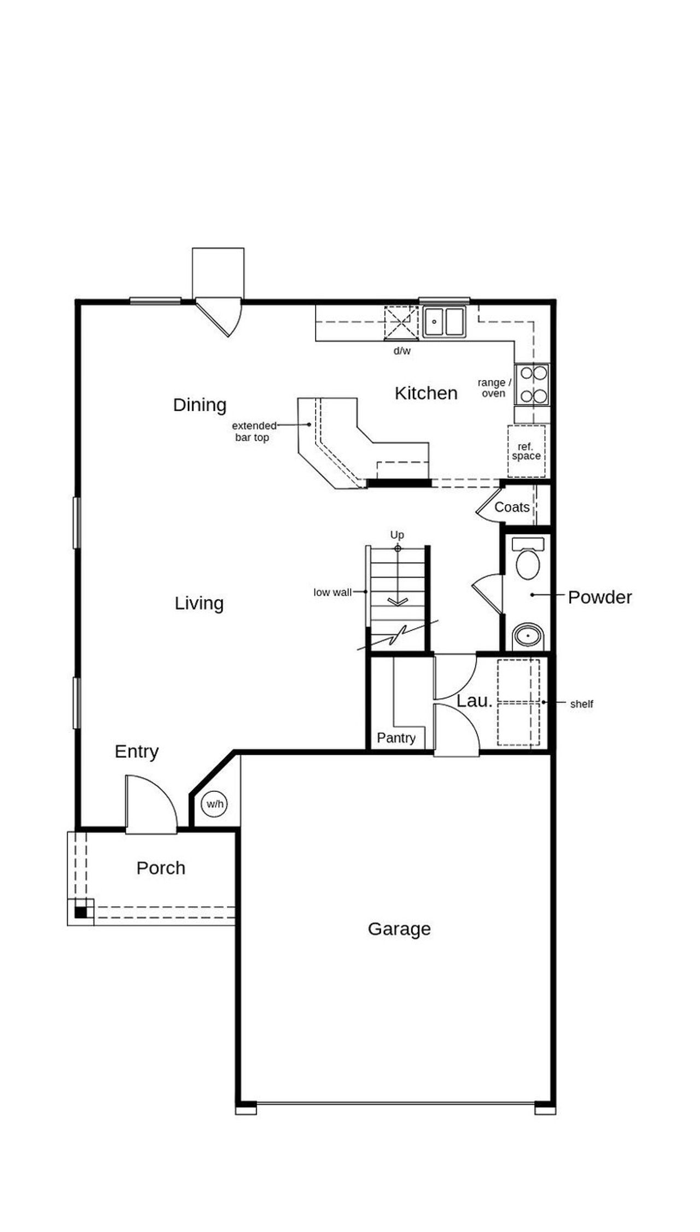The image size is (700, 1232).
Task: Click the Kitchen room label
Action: pyautogui.click(x=425, y=393)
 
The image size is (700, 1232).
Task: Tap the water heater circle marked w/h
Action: pyautogui.click(x=215, y=804)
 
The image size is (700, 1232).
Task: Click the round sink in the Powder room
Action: pyautogui.click(x=528, y=636)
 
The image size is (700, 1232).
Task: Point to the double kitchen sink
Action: pyautogui.click(x=444, y=322)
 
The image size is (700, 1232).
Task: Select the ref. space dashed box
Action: pyautogui.click(x=526, y=451)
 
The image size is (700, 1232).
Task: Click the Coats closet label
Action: pyautogui.click(x=512, y=507)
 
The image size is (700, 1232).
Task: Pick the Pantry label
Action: pyautogui.click(x=396, y=738)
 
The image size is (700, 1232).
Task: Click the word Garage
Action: pyautogui.click(x=399, y=929)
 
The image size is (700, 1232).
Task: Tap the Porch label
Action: pyautogui.click(x=161, y=868)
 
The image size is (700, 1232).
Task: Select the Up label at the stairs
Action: pyautogui.click(x=397, y=534)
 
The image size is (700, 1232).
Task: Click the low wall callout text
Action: pyautogui.click(x=332, y=592)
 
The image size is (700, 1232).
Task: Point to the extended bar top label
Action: pyautogui.click(x=253, y=431)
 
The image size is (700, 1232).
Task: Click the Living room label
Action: pyautogui.click(x=199, y=603)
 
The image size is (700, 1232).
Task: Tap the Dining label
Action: pyautogui.click(x=200, y=405)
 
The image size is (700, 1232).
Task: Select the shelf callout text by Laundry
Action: pyautogui.click(x=581, y=704)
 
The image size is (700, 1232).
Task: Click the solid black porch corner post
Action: pyautogui.click(x=80, y=912)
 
